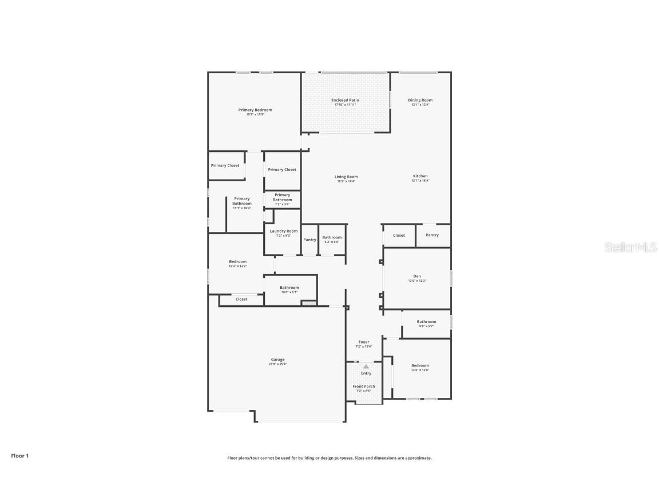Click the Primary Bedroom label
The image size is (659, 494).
(x=255, y=110)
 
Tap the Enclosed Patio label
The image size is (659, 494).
(x=345, y=100)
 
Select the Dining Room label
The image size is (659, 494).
(x=420, y=100)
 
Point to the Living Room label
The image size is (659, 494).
(x=346, y=177)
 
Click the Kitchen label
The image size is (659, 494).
(x=420, y=176)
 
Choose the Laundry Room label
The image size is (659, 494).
(x=284, y=231)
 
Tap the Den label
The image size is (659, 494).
(x=417, y=276)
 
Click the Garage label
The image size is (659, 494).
(x=278, y=360)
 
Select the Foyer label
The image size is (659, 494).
(x=364, y=342)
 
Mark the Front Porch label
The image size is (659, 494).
(x=364, y=387)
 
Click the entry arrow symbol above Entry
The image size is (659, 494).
(x=366, y=366)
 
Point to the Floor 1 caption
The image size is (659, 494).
(x=19, y=456)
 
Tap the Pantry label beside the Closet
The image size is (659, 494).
(x=432, y=235)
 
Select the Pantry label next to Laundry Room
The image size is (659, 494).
(x=309, y=240)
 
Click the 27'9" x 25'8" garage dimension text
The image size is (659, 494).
(x=278, y=364)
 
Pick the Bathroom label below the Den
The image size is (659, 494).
(x=426, y=321)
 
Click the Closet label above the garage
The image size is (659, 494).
(x=241, y=299)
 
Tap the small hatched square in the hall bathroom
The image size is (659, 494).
(x=309, y=303)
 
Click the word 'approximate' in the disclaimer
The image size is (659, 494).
(x=418, y=458)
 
